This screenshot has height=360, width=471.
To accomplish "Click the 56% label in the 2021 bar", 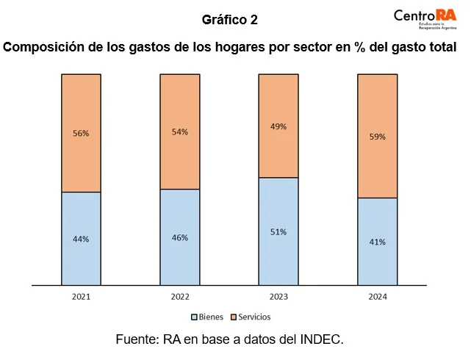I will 81,134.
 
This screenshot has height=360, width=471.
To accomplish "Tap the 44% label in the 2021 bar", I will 81,239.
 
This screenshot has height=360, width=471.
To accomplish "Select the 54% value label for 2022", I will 180,132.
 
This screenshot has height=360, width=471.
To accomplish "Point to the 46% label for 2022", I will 180,237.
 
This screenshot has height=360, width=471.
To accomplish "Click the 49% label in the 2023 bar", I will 278,126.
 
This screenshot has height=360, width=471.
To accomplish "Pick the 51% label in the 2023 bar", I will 278,231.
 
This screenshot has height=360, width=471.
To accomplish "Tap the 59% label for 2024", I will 377,136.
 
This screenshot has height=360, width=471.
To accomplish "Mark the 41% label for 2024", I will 377,242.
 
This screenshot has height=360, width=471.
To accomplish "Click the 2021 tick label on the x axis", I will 81,297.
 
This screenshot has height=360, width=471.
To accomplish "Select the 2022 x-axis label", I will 180,297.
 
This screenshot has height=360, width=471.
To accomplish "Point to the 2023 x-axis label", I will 278,297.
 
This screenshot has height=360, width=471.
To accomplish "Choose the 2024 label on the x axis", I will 377,297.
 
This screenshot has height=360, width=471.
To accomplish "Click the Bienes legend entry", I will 209,317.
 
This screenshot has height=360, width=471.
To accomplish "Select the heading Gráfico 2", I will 229,18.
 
